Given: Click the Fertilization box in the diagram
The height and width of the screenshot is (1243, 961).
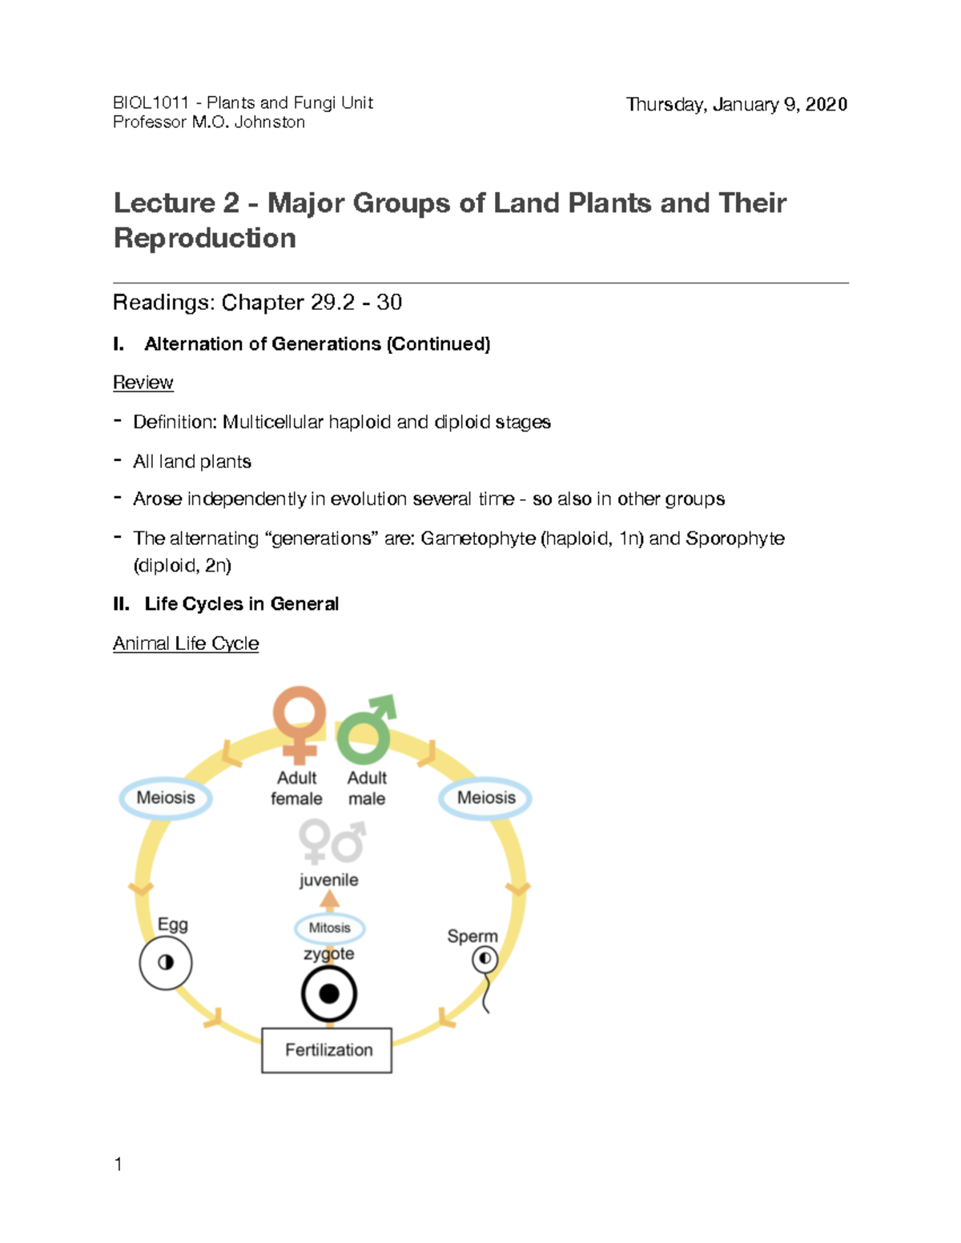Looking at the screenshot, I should pos(327,1049).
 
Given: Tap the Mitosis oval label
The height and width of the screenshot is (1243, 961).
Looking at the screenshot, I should pos(330,928).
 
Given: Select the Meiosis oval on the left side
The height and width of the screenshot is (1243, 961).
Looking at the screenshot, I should pos(166,797).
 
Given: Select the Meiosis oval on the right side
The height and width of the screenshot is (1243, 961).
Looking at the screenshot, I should pos(485,797).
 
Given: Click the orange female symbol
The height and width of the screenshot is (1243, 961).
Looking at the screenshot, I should pos(299,720).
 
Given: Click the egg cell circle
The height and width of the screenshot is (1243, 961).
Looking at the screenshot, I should pos(166,962).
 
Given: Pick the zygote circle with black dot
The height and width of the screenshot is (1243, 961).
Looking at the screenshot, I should pos(328,994).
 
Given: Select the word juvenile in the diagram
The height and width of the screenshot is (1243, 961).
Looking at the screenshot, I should pos(328,880).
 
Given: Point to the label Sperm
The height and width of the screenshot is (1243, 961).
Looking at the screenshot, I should pos(472,936).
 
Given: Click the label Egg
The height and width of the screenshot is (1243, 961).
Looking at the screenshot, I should pos(173,924).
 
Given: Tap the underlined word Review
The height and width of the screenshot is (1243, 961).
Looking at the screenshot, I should pos(143,383).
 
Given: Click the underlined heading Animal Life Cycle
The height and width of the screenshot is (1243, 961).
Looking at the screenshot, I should pos(186,644).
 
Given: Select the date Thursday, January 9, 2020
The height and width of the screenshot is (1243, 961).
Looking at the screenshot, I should pos(736,105).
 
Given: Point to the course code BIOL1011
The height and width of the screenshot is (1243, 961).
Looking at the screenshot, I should pos(151,102).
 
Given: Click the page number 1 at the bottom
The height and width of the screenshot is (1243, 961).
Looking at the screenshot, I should pos(119,1165).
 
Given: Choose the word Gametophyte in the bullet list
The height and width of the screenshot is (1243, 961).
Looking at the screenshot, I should pos(477,538).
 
